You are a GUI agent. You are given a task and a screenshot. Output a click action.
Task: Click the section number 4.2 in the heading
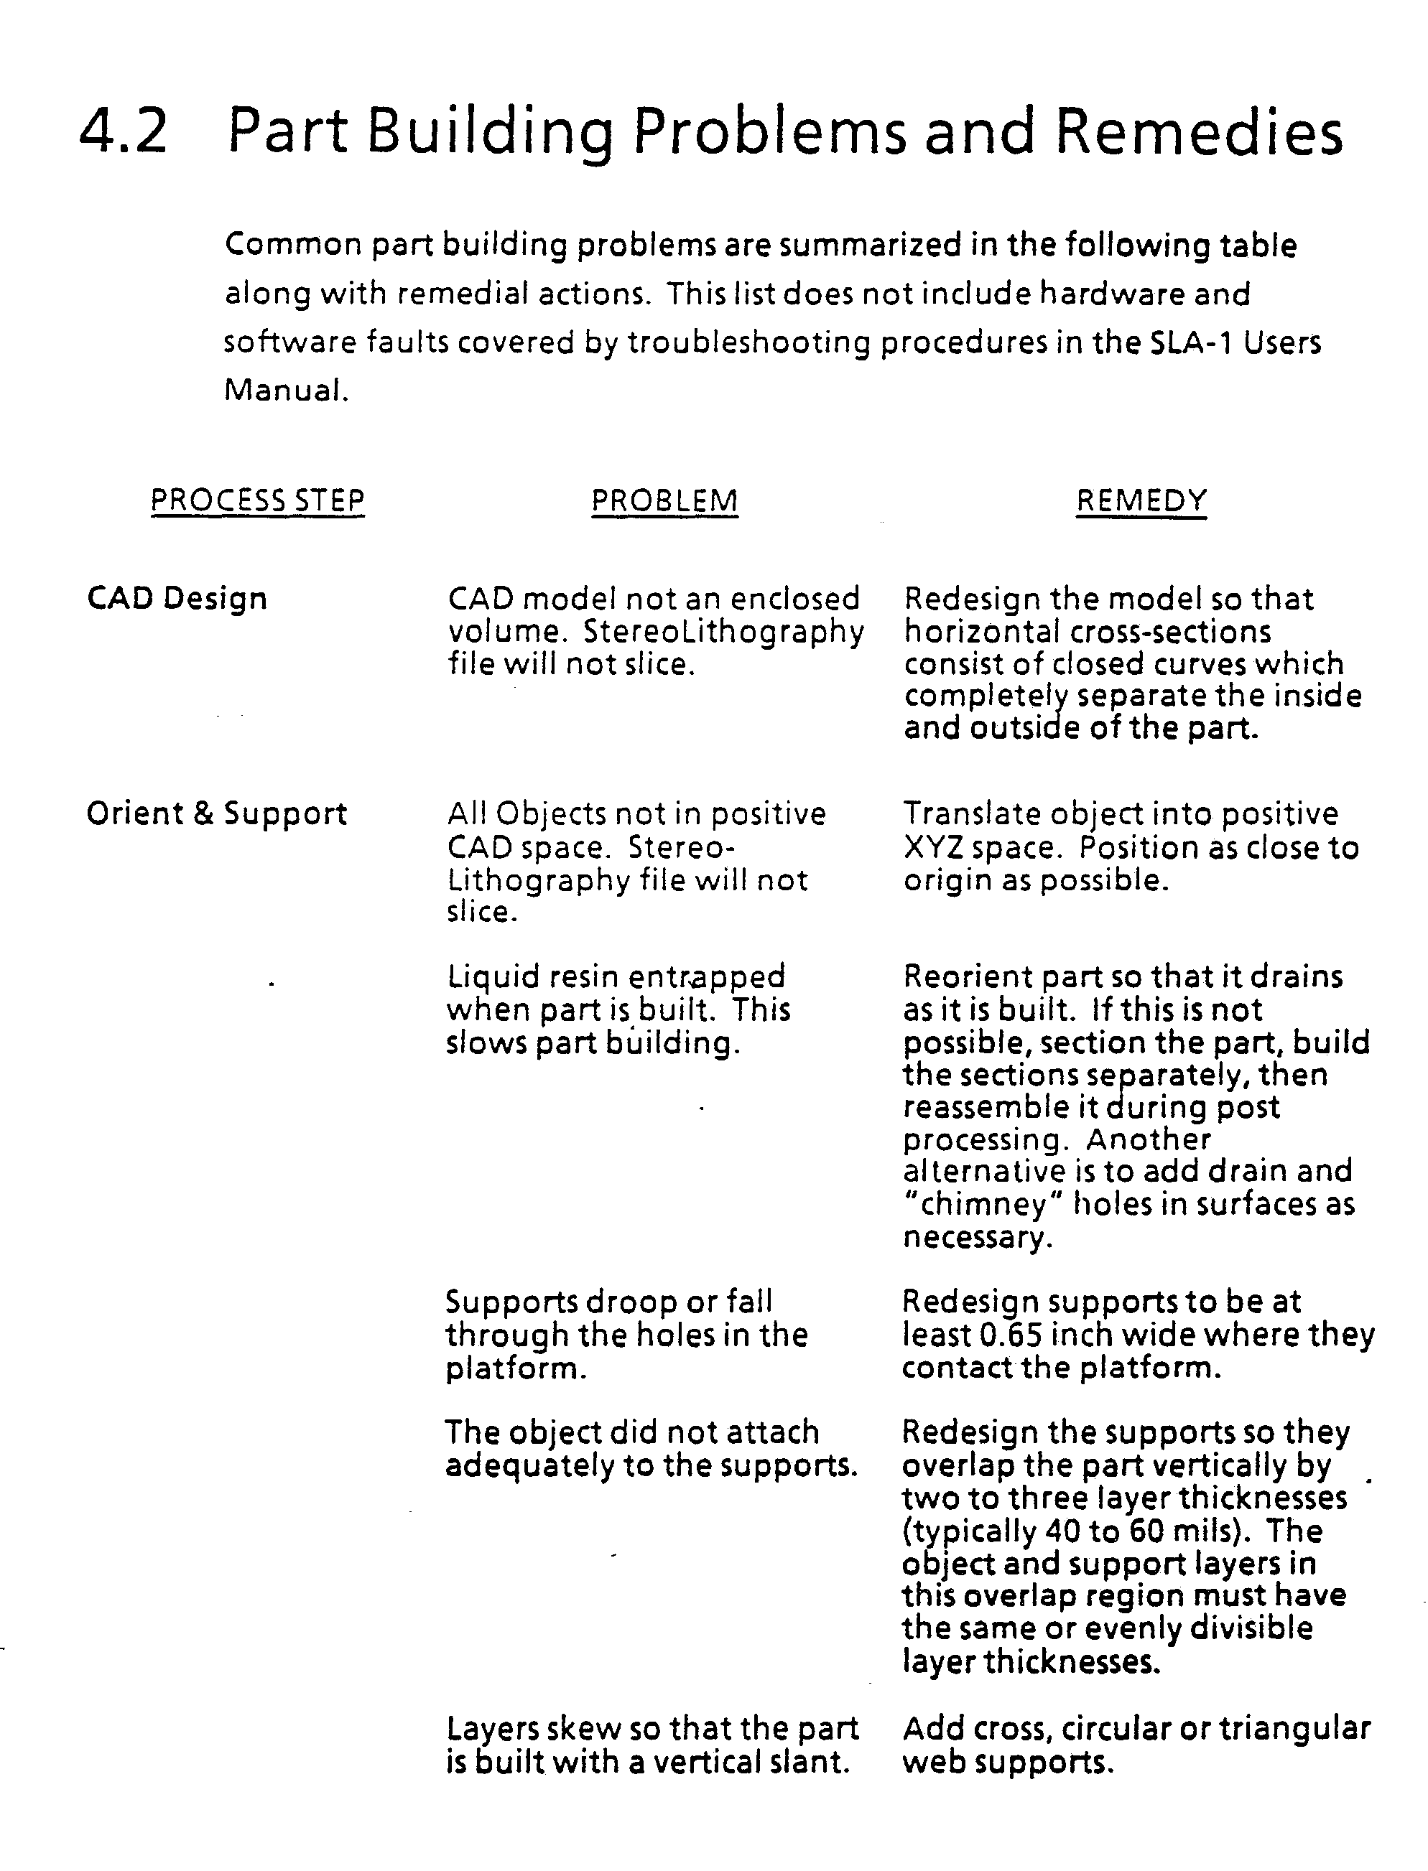tap(124, 131)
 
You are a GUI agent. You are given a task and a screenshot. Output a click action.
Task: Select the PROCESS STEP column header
tap(258, 500)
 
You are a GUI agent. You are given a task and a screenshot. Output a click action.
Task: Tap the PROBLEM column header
tap(664, 500)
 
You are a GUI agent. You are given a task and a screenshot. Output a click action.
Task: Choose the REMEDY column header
tap(1141, 500)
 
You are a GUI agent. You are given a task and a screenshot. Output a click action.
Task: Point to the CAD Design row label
tap(177, 598)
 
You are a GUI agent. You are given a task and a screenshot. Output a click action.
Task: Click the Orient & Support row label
tap(217, 814)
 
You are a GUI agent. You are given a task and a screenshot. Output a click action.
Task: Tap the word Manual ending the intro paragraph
tap(284, 390)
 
